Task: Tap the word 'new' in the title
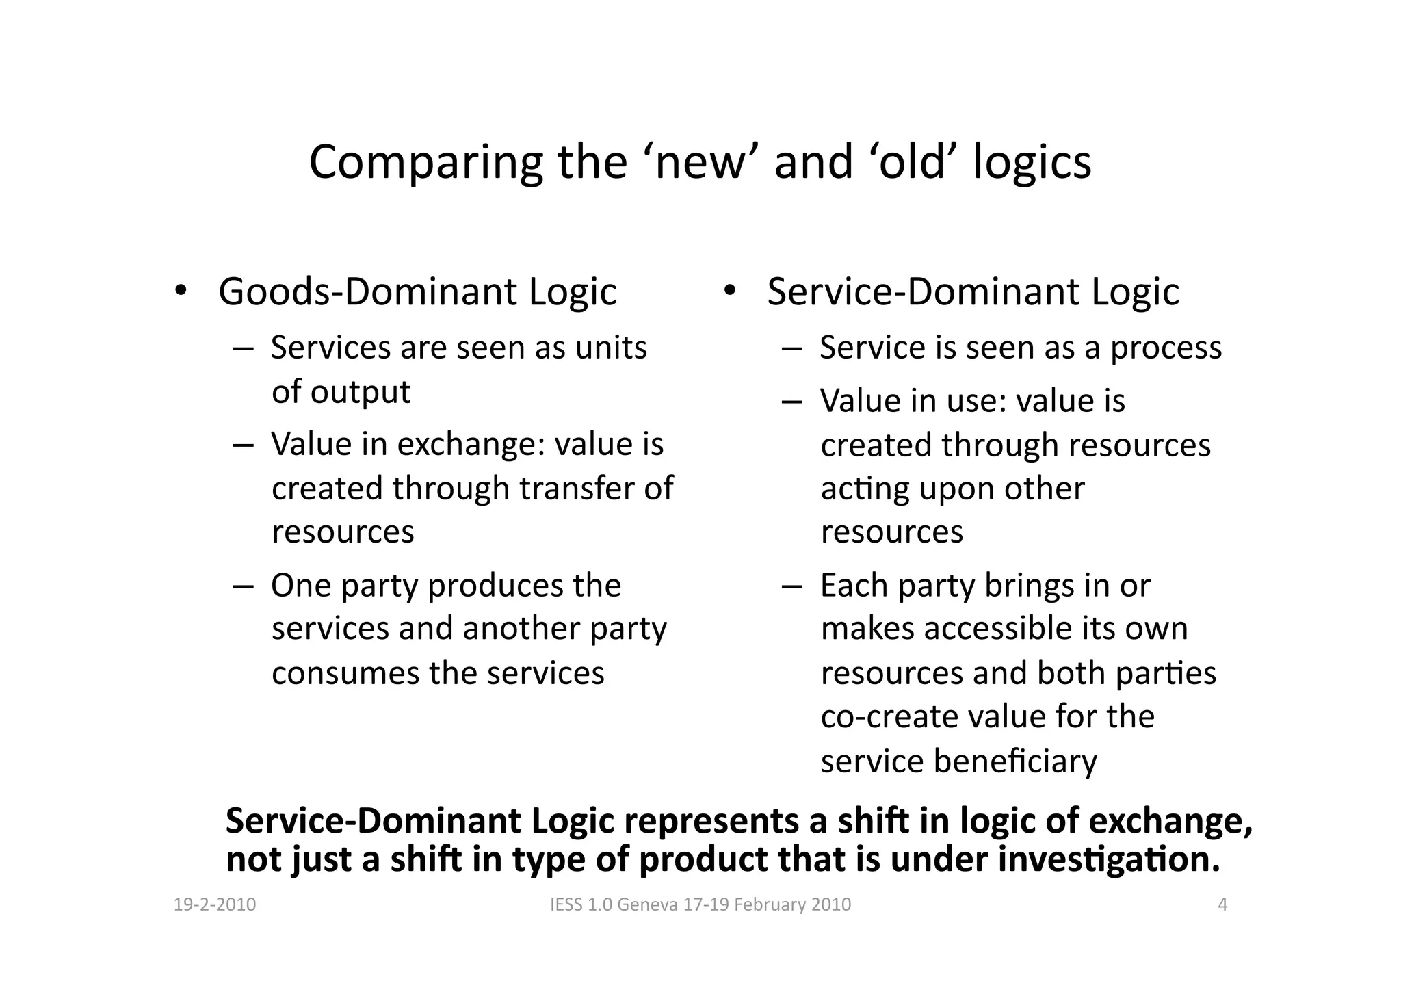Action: [x=699, y=163]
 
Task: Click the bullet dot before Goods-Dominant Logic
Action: [x=179, y=290]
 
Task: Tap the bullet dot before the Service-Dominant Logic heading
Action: [x=729, y=290]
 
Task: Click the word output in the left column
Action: [x=360, y=392]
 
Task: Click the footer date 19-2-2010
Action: [x=215, y=905]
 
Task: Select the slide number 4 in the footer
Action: [x=1222, y=905]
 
